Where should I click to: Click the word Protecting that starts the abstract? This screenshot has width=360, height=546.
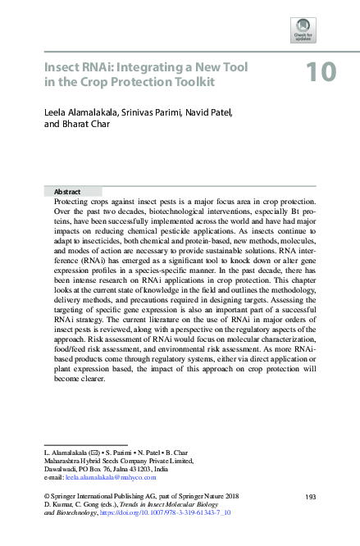point(72,201)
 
